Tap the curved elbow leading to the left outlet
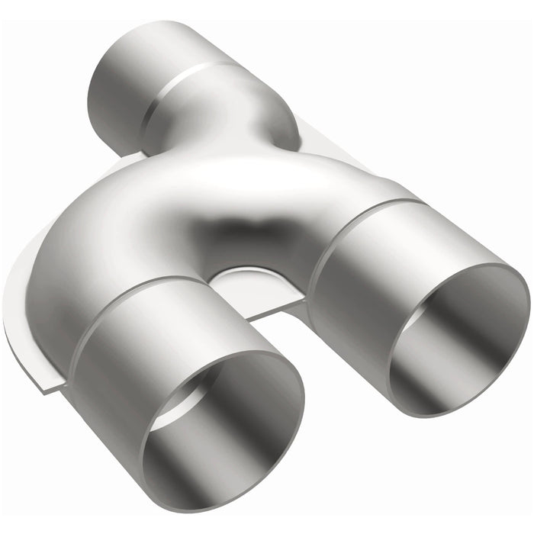coord(84,252)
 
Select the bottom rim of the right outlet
coord(450,412)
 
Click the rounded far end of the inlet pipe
coord(99,84)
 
